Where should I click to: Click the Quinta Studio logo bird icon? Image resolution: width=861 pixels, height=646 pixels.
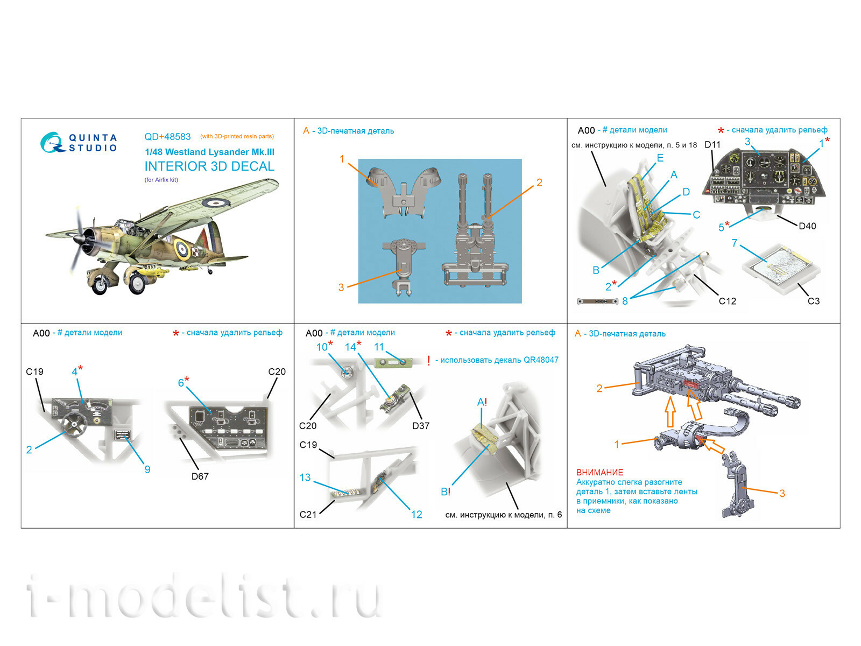point(52,143)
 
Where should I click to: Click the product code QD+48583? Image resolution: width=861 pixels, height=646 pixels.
point(167,137)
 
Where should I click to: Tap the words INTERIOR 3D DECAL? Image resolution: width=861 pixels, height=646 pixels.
point(209,166)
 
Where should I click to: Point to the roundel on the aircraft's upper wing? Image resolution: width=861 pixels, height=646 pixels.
point(216,202)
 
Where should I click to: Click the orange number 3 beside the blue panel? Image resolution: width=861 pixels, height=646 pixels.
point(341,287)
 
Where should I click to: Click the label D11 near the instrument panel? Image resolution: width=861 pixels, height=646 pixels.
point(712,145)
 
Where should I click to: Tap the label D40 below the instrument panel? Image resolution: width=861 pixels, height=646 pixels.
point(807,226)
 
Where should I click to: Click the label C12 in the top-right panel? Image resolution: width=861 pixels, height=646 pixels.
point(727,301)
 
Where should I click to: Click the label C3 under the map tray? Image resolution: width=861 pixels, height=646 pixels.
point(813,301)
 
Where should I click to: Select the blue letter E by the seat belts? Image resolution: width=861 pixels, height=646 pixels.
point(660,158)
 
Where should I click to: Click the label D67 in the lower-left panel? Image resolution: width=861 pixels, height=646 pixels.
point(200,476)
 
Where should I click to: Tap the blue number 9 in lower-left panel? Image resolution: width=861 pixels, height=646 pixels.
point(147,469)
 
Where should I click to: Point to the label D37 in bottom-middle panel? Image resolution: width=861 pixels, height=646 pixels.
point(420,426)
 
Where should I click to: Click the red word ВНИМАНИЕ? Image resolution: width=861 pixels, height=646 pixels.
point(599,472)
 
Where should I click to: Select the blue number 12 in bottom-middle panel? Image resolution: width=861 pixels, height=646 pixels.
point(416,515)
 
